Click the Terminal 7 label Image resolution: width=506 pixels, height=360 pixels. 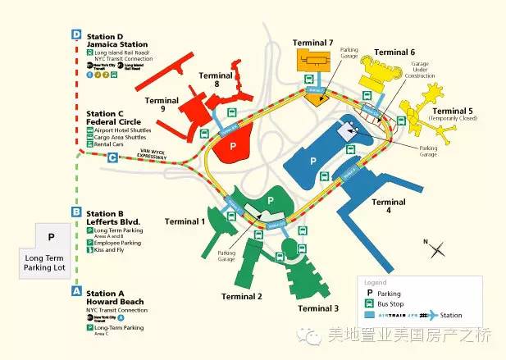point(318,43)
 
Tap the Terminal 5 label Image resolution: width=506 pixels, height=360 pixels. point(453,111)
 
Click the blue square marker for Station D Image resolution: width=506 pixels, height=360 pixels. point(76,35)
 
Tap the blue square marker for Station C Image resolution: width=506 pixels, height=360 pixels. point(112,157)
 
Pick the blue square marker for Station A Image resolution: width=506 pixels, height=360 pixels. point(76,290)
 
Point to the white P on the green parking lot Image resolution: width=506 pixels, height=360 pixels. point(269,199)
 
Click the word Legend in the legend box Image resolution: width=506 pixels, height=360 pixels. point(376,281)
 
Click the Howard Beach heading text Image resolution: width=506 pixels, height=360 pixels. point(116,301)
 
